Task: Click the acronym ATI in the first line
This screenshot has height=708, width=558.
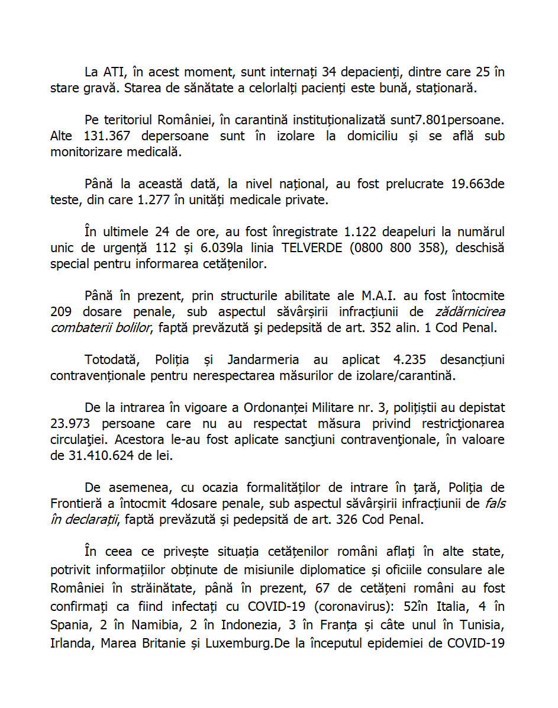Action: (117, 73)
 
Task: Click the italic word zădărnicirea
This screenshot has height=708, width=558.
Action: (470, 311)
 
